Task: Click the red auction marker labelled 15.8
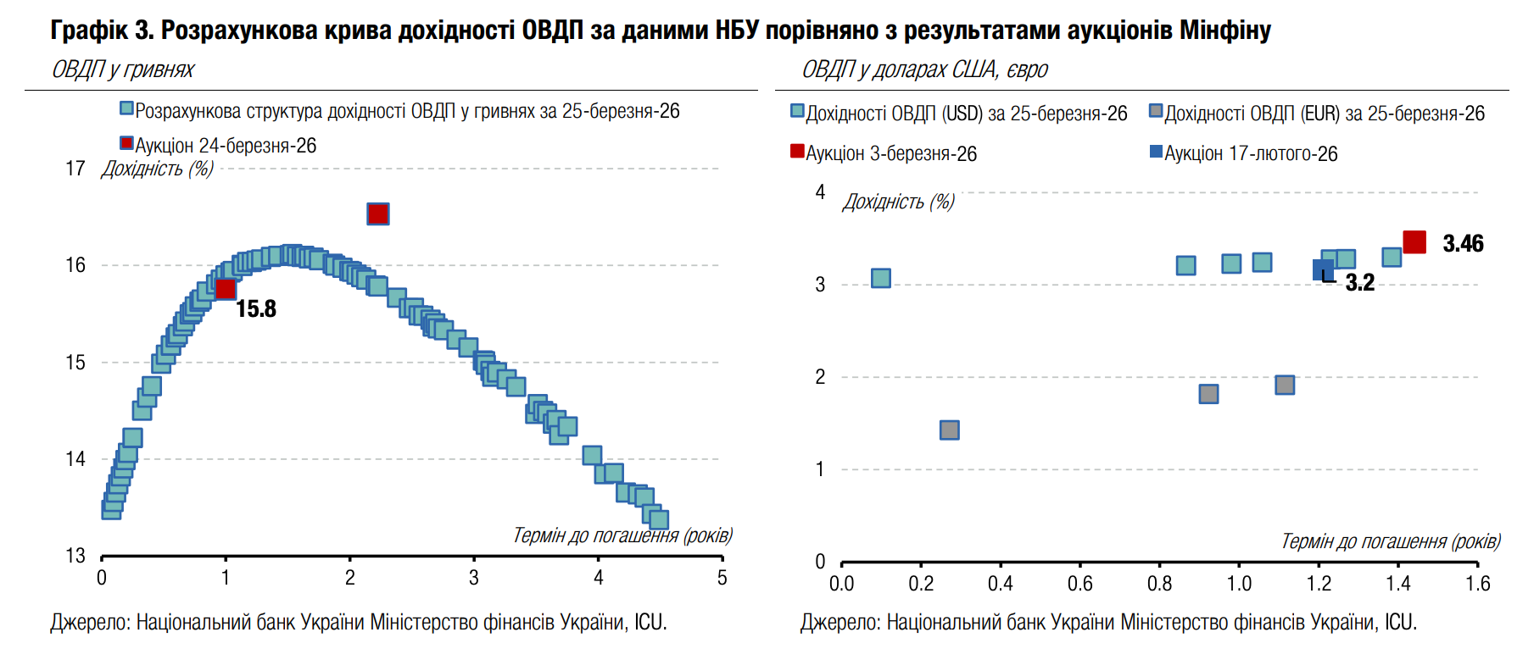click(226, 289)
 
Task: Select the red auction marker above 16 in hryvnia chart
click(378, 214)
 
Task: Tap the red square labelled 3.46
click(1414, 242)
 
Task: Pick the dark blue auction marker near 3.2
click(1322, 270)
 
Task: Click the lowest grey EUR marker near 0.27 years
click(950, 430)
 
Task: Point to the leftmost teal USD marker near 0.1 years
click(881, 278)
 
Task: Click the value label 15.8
click(256, 309)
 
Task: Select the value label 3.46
click(1463, 244)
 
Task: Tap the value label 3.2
click(1359, 283)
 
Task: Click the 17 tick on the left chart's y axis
click(75, 169)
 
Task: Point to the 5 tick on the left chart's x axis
click(722, 578)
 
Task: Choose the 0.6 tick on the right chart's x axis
click(1080, 584)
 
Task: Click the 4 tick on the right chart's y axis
click(820, 192)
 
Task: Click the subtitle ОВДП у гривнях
click(124, 69)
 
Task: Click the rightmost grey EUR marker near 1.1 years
click(1285, 385)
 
